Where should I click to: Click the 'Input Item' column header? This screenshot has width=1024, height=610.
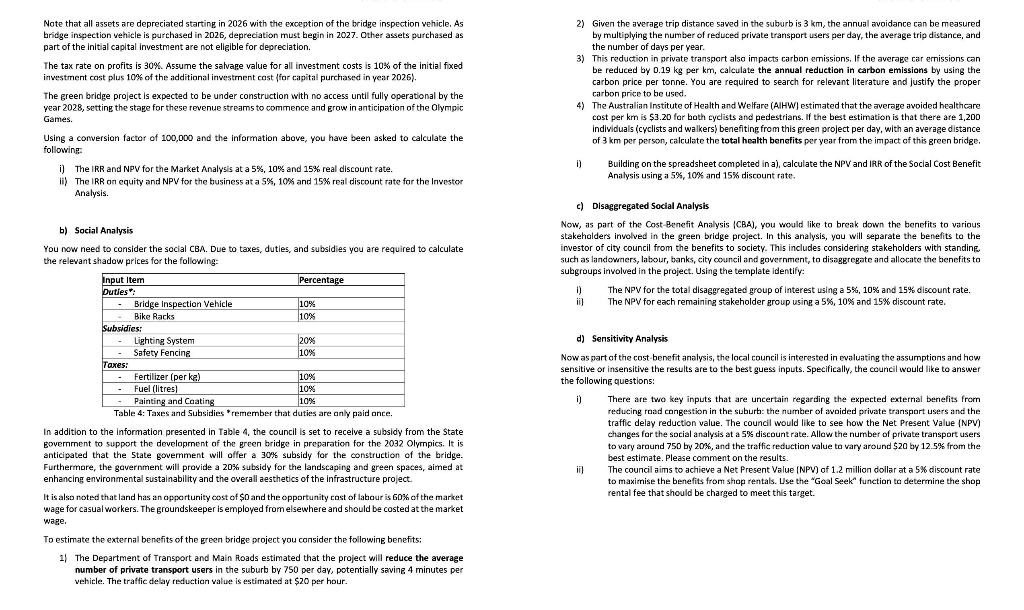coord(123,280)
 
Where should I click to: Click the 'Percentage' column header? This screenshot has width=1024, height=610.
coord(321,280)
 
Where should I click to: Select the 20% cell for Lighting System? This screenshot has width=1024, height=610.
coord(307,340)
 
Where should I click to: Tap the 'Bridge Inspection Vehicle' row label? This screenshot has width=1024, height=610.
coord(183,304)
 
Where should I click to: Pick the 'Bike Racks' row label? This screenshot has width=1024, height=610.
coord(154,316)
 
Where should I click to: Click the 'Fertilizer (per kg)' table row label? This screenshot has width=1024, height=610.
coord(167,377)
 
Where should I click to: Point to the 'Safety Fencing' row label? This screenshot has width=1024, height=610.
coord(162,352)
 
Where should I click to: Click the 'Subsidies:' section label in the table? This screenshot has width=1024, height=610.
coord(122,328)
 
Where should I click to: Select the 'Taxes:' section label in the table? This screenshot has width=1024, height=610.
coord(115,364)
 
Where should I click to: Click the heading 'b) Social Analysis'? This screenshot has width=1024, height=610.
coord(96,230)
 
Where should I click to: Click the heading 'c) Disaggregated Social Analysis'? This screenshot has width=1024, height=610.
coord(642,206)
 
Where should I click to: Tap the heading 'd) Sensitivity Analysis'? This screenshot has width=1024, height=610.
coord(622,338)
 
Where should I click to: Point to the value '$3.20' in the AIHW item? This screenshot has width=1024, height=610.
coord(660,117)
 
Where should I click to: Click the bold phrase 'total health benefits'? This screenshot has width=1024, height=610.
coord(761,141)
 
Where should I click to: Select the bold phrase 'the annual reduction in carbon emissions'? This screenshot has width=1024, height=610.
coord(843,70)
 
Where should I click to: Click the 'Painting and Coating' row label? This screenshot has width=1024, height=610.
coord(174,401)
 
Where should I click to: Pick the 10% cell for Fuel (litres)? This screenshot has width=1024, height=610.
coord(307,389)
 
